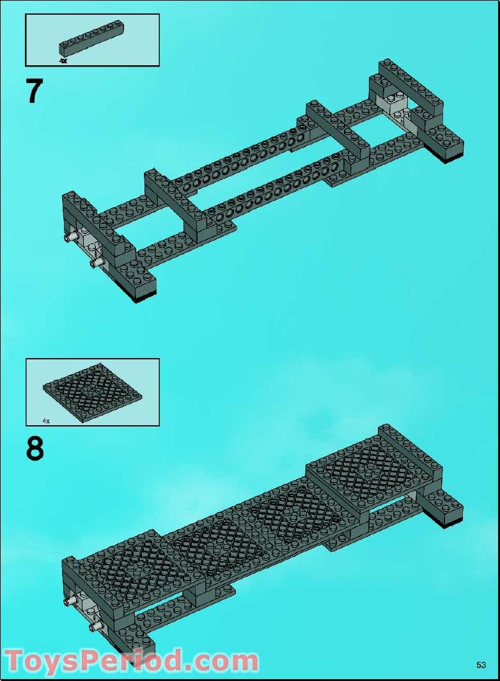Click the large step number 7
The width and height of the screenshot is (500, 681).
click(34, 91)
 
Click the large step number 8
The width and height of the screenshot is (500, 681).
click(35, 448)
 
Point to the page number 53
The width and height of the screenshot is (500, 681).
click(481, 665)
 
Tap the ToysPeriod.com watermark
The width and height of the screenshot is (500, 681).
click(131, 661)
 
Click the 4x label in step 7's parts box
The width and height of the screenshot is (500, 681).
click(63, 61)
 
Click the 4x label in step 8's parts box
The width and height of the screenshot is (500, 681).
click(46, 421)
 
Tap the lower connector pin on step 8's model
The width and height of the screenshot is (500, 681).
click(96, 627)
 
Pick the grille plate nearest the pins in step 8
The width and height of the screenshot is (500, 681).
click(128, 563)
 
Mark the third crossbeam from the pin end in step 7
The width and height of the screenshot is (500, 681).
click(336, 131)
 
